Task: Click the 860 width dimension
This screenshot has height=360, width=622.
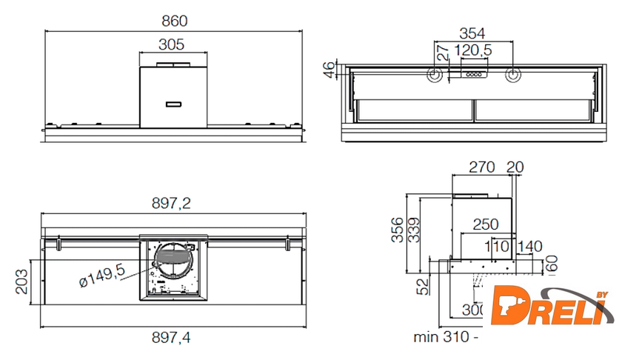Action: click(174, 21)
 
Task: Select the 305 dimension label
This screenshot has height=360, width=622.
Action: click(171, 44)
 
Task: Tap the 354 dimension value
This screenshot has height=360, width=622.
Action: click(471, 33)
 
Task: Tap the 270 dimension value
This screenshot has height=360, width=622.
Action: click(481, 167)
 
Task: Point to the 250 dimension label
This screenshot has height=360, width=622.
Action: click(486, 224)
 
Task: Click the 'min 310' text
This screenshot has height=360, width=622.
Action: click(441, 337)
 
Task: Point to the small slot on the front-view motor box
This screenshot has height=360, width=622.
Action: click(175, 102)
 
